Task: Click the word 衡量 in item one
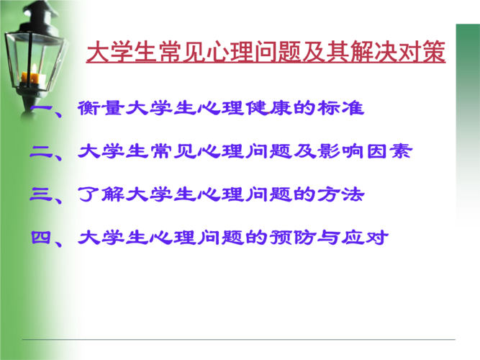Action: pos(101,108)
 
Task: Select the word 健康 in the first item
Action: pos(269,108)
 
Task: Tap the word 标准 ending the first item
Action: pos(340,108)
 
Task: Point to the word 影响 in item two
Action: pos(340,151)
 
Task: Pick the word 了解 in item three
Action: pos(101,194)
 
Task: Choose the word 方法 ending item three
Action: pos(340,194)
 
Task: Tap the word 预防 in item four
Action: pos(293,238)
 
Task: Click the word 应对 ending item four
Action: pos(365,238)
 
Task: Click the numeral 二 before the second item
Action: pos(41,151)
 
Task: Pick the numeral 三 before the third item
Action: pos(41,194)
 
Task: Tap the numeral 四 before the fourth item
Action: pos(41,238)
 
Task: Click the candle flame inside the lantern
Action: pos(35,68)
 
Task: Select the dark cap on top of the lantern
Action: pos(39,12)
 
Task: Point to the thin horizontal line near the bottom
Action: pos(239,339)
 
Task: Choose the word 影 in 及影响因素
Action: pos(329,151)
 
